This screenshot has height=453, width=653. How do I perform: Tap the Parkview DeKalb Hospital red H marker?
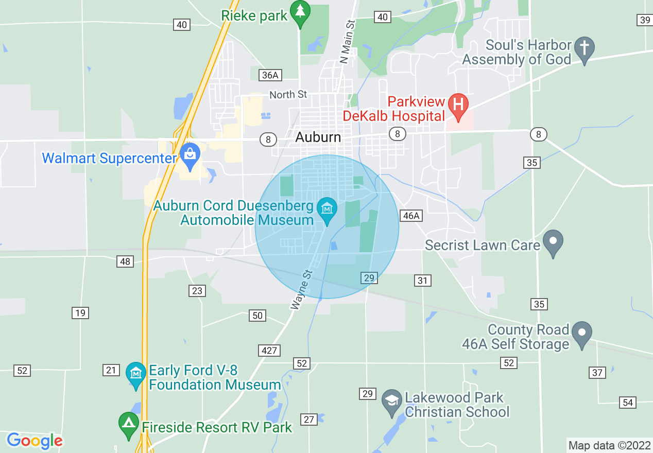(457, 104)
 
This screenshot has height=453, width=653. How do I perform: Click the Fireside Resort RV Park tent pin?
(128, 425)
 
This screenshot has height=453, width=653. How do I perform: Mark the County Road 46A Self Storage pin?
(582, 334)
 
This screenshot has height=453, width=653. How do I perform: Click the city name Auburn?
(318, 137)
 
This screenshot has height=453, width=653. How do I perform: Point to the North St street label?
(288, 95)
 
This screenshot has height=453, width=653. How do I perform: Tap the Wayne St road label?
(302, 290)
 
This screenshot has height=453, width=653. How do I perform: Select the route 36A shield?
(270, 76)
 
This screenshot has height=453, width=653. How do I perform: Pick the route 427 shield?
(269, 351)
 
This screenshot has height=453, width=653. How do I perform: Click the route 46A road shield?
(411, 216)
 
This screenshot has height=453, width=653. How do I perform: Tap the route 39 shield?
(644, 20)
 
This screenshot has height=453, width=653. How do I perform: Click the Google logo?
(35, 441)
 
